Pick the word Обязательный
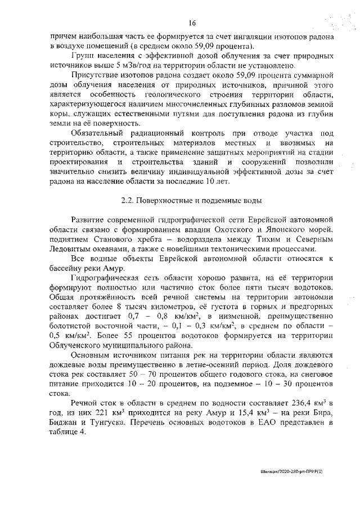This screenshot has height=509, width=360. coord(100,133)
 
